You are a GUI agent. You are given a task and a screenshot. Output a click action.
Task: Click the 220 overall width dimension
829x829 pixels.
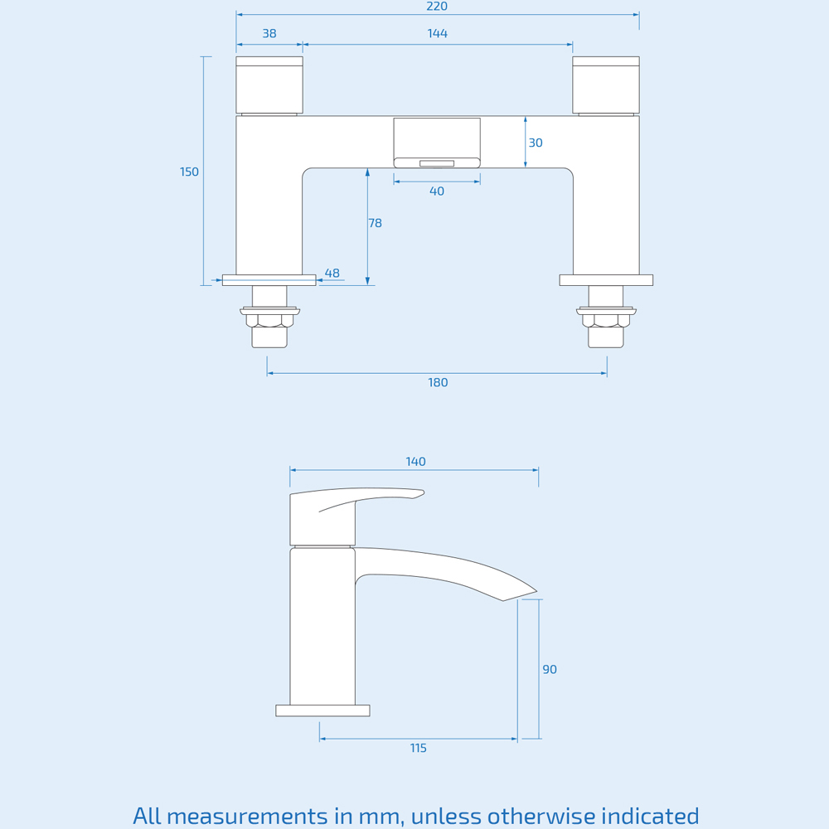(x=437, y=7)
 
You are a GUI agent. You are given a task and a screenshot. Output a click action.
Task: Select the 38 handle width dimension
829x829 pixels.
(x=269, y=34)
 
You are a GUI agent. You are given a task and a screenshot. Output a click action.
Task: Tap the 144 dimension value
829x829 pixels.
(x=438, y=34)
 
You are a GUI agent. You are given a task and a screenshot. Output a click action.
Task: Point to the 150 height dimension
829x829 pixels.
(x=189, y=172)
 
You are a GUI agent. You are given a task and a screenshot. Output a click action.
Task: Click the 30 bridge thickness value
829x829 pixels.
(x=536, y=143)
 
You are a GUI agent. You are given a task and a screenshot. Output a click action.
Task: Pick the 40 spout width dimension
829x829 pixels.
(x=437, y=191)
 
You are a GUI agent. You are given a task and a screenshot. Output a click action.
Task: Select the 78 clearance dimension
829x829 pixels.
(x=376, y=223)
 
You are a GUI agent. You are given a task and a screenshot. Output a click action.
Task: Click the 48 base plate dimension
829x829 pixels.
(x=332, y=274)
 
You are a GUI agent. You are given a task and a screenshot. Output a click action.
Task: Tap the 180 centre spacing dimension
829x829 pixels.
(x=438, y=383)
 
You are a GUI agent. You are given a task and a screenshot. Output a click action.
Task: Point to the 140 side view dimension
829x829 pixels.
(x=416, y=462)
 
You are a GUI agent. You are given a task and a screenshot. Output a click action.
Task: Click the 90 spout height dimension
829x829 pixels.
(x=550, y=670)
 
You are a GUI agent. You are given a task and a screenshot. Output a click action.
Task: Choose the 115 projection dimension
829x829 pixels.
(x=419, y=749)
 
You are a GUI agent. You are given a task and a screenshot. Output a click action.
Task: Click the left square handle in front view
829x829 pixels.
(x=269, y=85)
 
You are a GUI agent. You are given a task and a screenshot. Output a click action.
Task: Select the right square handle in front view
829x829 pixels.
(x=606, y=85)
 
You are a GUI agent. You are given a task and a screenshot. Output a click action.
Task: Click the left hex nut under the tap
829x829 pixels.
(x=269, y=320)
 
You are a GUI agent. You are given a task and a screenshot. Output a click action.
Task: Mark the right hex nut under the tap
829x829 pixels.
(x=606, y=320)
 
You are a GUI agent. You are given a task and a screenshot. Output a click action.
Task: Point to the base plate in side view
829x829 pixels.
(x=322, y=710)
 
